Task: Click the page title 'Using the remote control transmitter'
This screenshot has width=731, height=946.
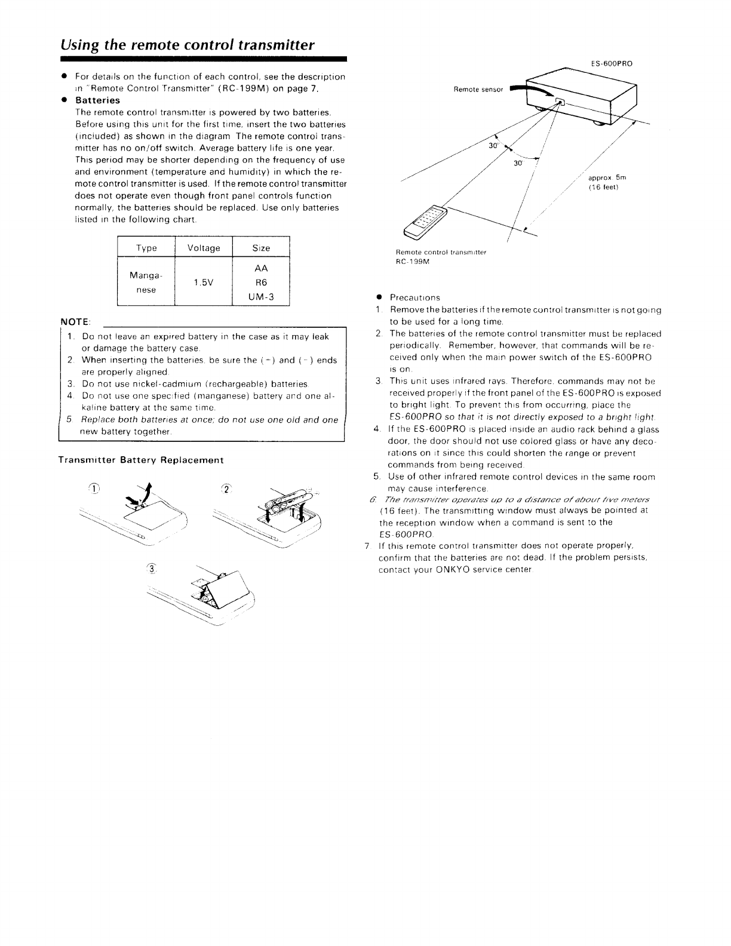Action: click(187, 45)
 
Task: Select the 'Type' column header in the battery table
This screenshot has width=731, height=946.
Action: click(146, 248)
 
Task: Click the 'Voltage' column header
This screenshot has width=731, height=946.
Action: click(204, 248)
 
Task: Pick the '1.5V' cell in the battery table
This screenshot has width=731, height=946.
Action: click(204, 283)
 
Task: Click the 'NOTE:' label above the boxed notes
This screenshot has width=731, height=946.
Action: click(75, 322)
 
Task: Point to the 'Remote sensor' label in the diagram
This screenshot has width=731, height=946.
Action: click(478, 90)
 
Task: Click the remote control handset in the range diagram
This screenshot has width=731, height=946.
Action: click(428, 219)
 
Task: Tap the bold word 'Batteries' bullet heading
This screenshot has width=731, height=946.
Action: click(97, 100)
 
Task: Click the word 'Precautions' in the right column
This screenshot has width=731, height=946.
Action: click(414, 297)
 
